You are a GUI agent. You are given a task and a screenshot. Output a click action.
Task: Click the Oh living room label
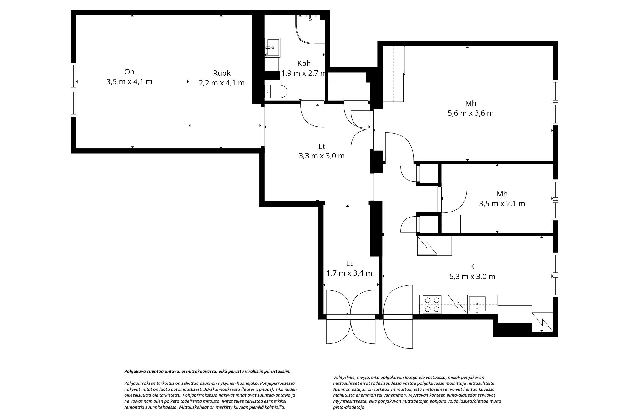click(x=129, y=72)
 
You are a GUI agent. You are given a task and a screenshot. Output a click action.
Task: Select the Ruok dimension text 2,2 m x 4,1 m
click(x=221, y=83)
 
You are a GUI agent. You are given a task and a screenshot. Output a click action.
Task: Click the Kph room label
click(x=304, y=63)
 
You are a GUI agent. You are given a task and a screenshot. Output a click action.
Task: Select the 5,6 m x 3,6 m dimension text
click(x=470, y=113)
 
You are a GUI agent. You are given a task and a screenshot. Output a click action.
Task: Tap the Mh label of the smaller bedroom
click(x=502, y=194)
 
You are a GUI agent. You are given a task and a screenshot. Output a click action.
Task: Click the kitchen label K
click(x=472, y=267)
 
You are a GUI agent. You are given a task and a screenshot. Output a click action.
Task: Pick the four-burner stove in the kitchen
click(x=432, y=305)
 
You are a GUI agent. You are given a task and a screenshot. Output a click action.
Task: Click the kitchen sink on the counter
click(x=477, y=305)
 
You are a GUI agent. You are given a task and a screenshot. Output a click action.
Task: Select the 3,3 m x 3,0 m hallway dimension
click(x=321, y=156)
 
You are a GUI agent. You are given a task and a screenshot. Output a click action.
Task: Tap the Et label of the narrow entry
click(x=349, y=263)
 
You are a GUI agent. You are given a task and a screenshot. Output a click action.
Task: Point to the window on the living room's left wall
click(x=73, y=90)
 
